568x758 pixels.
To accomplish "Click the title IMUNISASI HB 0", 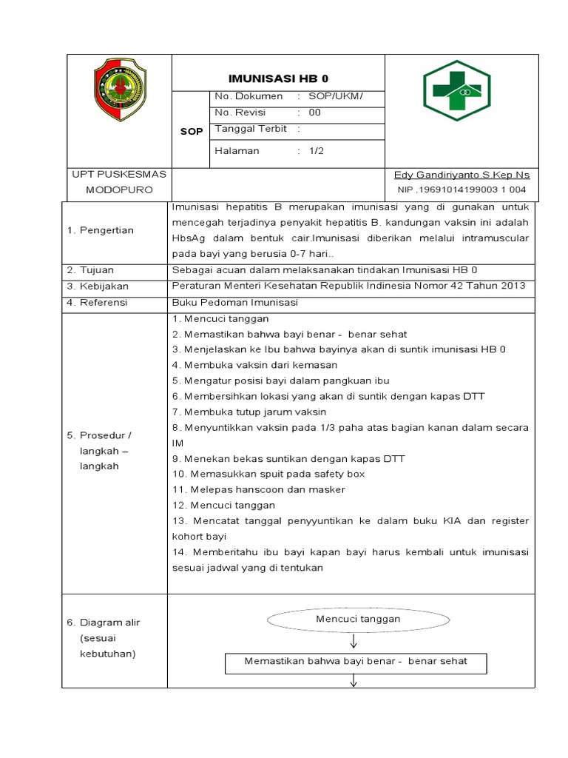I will click(x=278, y=78).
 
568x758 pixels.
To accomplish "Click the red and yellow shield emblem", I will click(x=119, y=90).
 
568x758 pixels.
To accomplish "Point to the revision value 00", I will click(x=315, y=113).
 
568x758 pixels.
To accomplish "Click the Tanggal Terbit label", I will click(x=251, y=129).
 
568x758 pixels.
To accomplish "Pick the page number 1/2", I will click(x=317, y=151).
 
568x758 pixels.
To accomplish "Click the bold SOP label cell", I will click(x=192, y=132).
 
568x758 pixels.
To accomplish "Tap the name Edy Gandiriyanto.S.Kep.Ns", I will click(x=461, y=175).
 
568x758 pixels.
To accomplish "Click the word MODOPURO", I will click(x=118, y=190).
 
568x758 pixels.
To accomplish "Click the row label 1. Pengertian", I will click(x=101, y=230).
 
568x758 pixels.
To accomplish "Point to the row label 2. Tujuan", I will click(x=92, y=269).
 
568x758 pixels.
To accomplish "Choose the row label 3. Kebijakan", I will click(x=98, y=286).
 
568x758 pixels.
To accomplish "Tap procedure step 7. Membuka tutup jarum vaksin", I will click(x=248, y=412).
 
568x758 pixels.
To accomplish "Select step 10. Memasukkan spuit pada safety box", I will click(x=268, y=474).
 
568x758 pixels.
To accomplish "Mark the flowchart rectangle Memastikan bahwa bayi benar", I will click(x=355, y=662).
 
